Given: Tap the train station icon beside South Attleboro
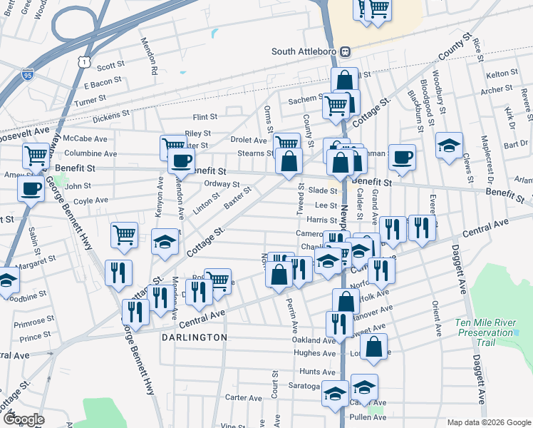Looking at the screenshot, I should [x=346, y=51].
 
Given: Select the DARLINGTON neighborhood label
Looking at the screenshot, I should [x=194, y=337].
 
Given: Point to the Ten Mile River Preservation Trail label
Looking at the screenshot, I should [x=485, y=332].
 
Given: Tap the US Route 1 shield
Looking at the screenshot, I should [x=85, y=63].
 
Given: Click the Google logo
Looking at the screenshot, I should [x=23, y=419].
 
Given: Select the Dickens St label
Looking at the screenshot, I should [x=111, y=113].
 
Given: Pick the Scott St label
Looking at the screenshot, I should [x=110, y=66].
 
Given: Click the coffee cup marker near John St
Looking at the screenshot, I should [x=31, y=188].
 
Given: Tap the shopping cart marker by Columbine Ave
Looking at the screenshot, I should [x=35, y=155].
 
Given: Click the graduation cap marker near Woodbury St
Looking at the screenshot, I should [x=449, y=146].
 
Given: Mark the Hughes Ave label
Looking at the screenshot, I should [x=314, y=352].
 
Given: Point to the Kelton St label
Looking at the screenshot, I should [x=501, y=74].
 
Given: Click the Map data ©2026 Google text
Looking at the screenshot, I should [x=489, y=422].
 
